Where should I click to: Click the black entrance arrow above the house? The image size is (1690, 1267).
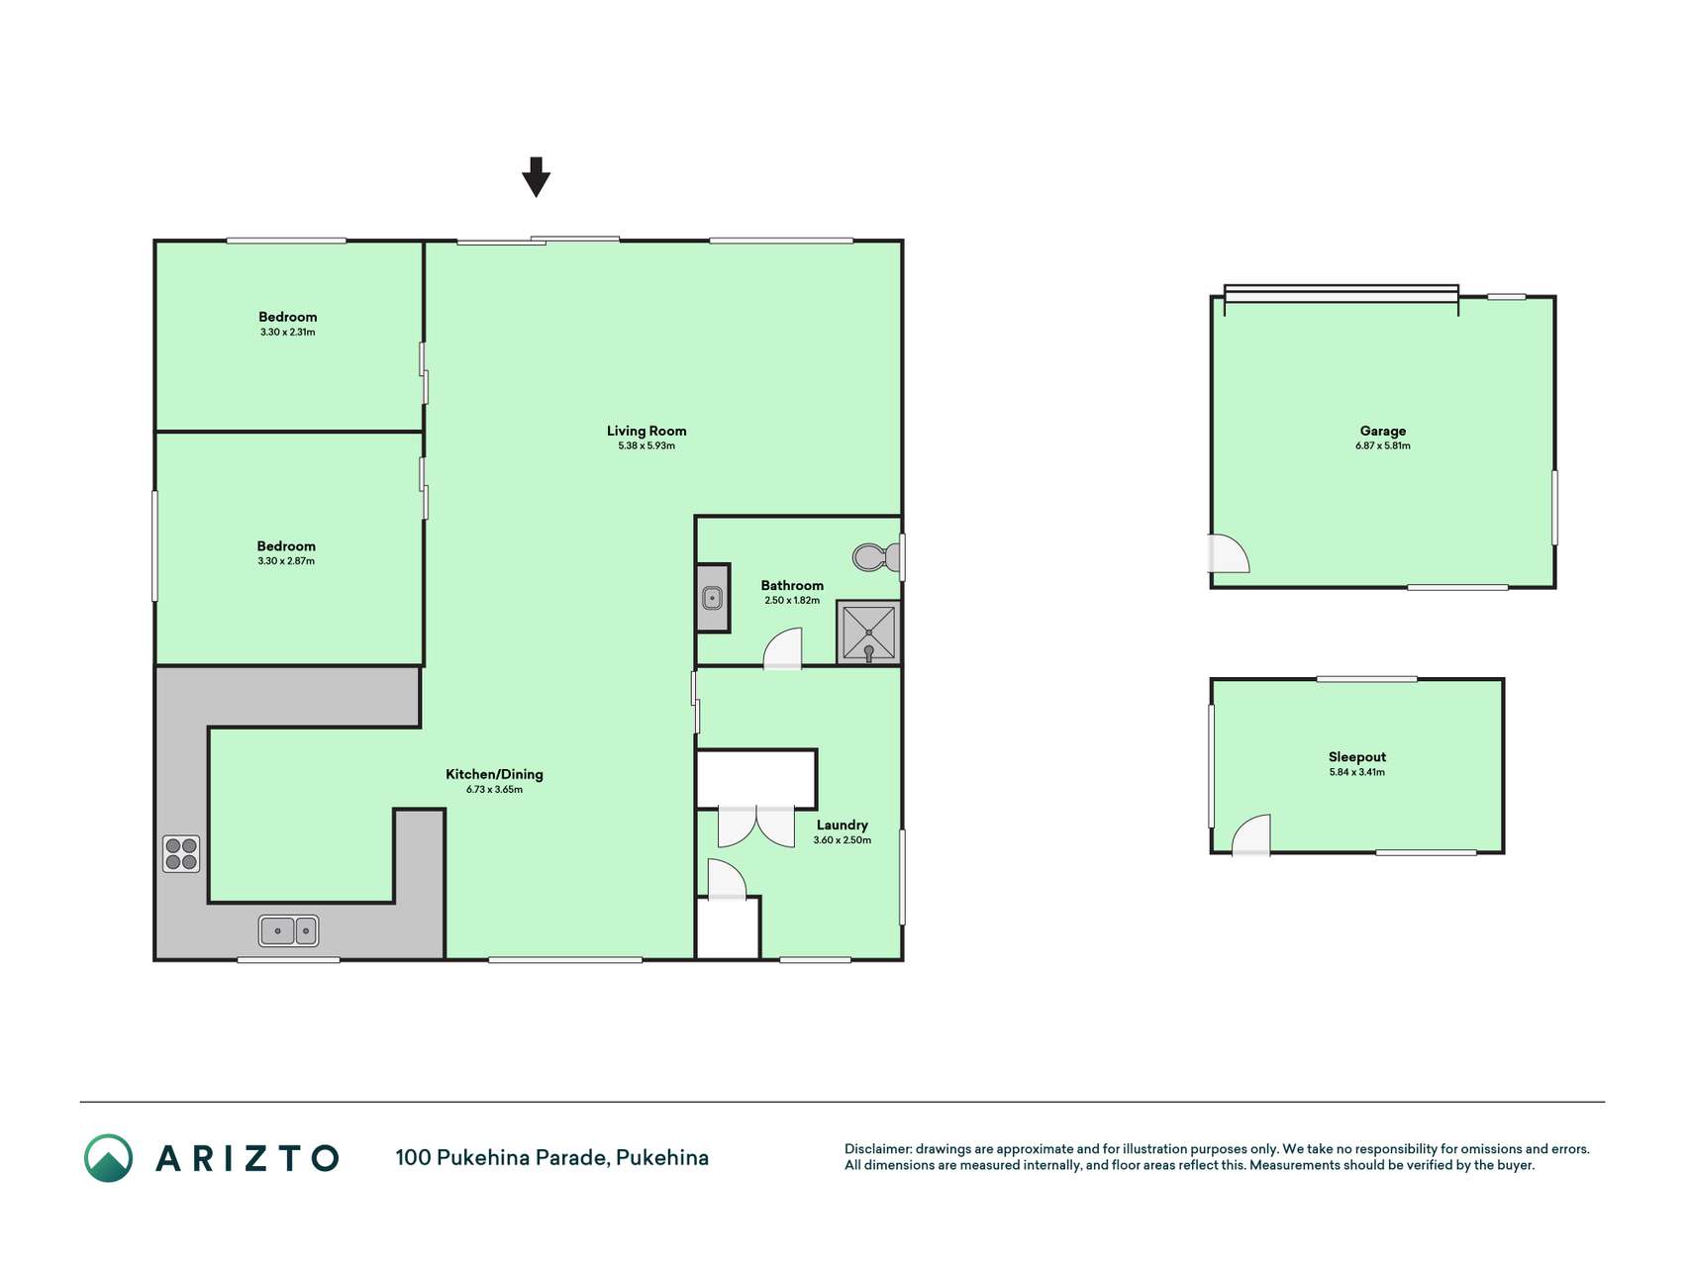tap(536, 177)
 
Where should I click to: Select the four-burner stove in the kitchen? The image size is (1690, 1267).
tap(181, 854)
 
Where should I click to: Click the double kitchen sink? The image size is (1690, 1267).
tap(288, 930)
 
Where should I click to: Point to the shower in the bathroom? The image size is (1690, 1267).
tap(868, 633)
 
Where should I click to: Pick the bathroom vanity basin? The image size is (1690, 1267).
tap(713, 598)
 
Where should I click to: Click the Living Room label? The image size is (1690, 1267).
tap(646, 431)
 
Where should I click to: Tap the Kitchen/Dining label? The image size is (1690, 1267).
tap(494, 774)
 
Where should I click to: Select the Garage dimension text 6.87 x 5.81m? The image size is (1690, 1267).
tap(1383, 446)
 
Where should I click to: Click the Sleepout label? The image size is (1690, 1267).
tap(1357, 757)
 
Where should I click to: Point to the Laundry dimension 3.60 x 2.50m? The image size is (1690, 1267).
tap(843, 840)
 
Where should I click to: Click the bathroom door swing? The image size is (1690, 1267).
tap(782, 648)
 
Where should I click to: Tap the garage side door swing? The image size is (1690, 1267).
tap(1229, 553)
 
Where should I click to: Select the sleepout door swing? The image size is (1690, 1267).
tap(1251, 834)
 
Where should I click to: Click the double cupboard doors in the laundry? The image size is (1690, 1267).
tap(756, 827)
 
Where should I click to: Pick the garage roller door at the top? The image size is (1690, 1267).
tap(1342, 294)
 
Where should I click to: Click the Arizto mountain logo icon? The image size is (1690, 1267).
tap(108, 1158)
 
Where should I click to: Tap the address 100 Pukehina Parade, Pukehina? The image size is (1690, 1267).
tap(552, 1158)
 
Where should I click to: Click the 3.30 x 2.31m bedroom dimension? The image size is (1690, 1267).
tap(288, 333)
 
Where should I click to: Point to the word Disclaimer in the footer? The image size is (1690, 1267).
tap(878, 1149)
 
